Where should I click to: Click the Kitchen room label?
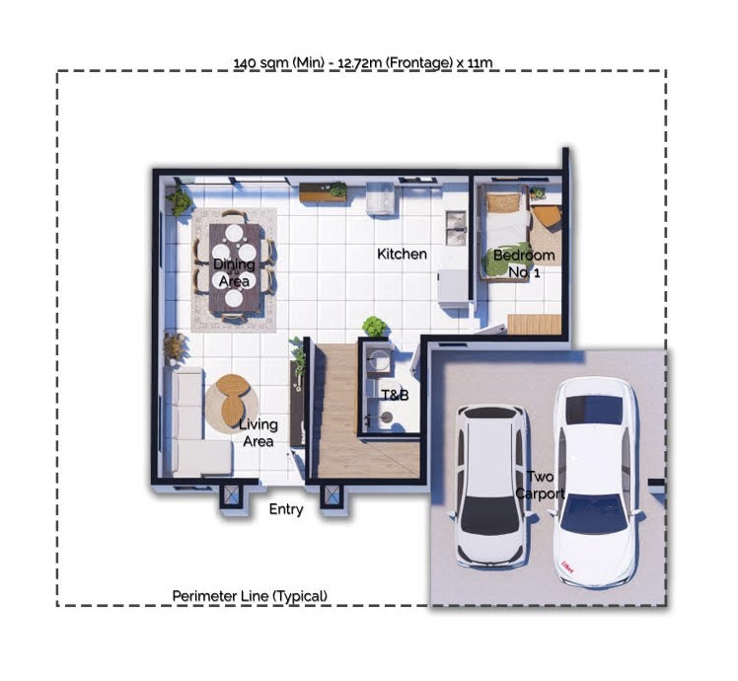click(x=402, y=254)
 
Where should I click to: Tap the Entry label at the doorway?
click(x=286, y=509)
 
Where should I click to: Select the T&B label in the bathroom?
click(x=395, y=395)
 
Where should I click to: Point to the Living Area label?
click(x=258, y=432)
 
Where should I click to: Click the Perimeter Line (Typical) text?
click(x=250, y=596)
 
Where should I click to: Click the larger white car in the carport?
click(x=596, y=482)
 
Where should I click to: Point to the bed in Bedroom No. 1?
click(x=504, y=232)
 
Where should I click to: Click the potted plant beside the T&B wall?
click(x=374, y=326)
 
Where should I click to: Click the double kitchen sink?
click(x=456, y=228)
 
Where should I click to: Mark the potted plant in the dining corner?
click(x=179, y=201)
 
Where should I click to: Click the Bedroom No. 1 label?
click(x=524, y=264)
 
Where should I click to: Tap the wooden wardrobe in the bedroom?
click(x=535, y=325)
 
